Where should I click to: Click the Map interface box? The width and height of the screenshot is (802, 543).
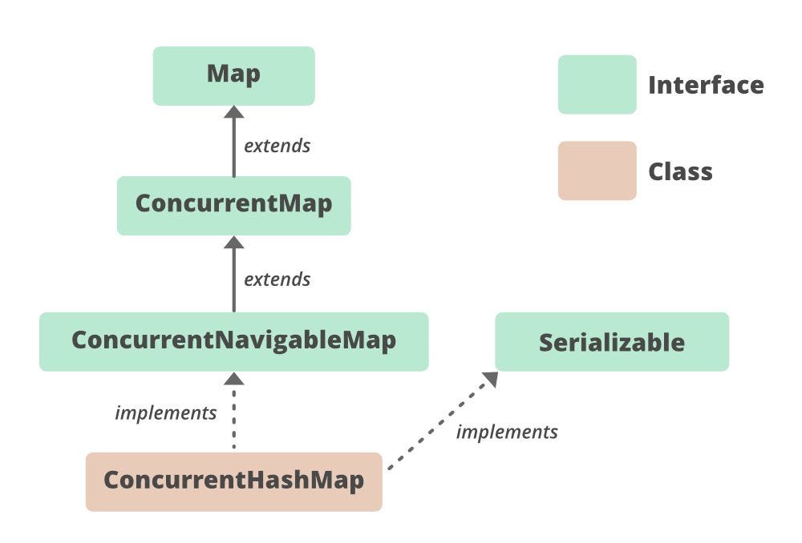click(233, 75)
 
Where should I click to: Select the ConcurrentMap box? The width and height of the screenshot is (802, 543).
click(233, 205)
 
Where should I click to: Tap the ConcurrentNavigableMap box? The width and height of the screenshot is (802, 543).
click(233, 341)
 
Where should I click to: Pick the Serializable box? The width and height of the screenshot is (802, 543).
click(611, 342)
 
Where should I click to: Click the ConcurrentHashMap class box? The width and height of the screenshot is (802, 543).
click(233, 481)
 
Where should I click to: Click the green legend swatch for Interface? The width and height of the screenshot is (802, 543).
click(597, 84)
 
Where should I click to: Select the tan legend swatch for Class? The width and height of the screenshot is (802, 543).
click(597, 171)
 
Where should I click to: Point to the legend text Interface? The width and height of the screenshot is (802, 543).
click(706, 85)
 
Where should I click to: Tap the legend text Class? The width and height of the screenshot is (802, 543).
click(680, 171)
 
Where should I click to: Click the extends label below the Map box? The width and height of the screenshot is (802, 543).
click(277, 146)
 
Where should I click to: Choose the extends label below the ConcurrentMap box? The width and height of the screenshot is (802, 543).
click(277, 280)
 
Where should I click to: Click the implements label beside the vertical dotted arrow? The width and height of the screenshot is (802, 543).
click(166, 413)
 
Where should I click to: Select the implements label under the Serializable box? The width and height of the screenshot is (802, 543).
click(506, 432)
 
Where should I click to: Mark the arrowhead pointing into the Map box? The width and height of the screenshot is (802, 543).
click(233, 113)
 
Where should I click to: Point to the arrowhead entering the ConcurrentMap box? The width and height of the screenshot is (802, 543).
click(233, 243)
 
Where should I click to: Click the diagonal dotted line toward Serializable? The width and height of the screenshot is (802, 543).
click(437, 424)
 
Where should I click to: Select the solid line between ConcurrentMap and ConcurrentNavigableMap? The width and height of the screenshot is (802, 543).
click(233, 280)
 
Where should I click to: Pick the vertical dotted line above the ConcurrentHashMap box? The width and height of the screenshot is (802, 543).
click(233, 420)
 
